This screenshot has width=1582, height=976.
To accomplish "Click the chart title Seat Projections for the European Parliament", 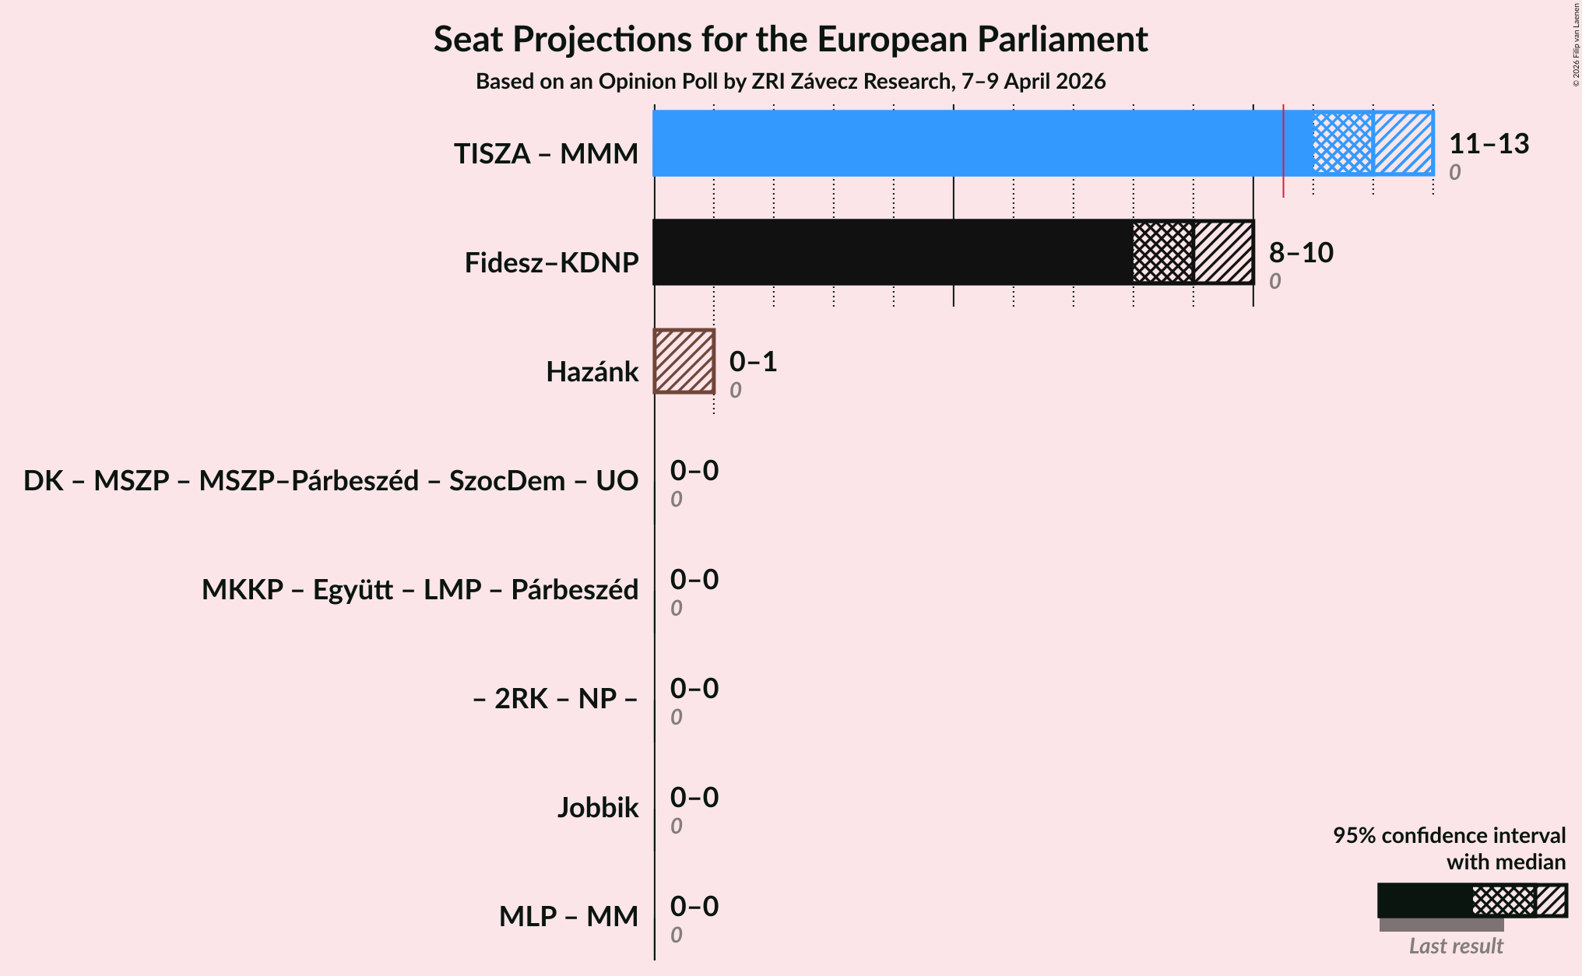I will click(790, 39).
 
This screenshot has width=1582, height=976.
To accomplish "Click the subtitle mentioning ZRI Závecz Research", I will click(790, 82).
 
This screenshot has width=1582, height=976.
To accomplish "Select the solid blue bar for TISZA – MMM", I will click(965, 143).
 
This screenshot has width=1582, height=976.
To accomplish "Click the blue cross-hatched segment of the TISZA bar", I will click(1343, 143).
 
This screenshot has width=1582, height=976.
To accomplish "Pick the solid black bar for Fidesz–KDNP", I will click(892, 252).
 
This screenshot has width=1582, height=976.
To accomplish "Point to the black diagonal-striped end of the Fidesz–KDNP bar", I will click(1224, 252).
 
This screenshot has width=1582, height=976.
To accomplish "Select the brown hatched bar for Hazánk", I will click(684, 361).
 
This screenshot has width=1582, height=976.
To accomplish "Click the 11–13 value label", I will click(1489, 144).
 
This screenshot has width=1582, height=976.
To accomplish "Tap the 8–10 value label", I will click(1301, 253).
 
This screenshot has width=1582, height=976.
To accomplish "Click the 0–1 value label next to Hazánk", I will click(753, 362).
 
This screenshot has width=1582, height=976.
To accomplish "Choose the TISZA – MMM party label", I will click(546, 154).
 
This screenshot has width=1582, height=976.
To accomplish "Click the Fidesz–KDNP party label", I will click(551, 263).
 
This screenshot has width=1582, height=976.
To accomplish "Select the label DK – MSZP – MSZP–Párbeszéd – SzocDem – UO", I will click(331, 481).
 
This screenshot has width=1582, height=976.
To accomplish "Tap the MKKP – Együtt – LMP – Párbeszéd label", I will click(420, 590).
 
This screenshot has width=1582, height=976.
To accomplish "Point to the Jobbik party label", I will click(597, 808).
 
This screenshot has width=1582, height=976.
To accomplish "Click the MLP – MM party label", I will click(568, 917).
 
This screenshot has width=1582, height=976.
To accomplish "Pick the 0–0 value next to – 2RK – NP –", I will click(694, 689).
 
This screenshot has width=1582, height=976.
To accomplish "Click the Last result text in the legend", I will click(1456, 946).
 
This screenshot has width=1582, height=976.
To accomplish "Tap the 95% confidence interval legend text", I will click(1449, 836).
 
